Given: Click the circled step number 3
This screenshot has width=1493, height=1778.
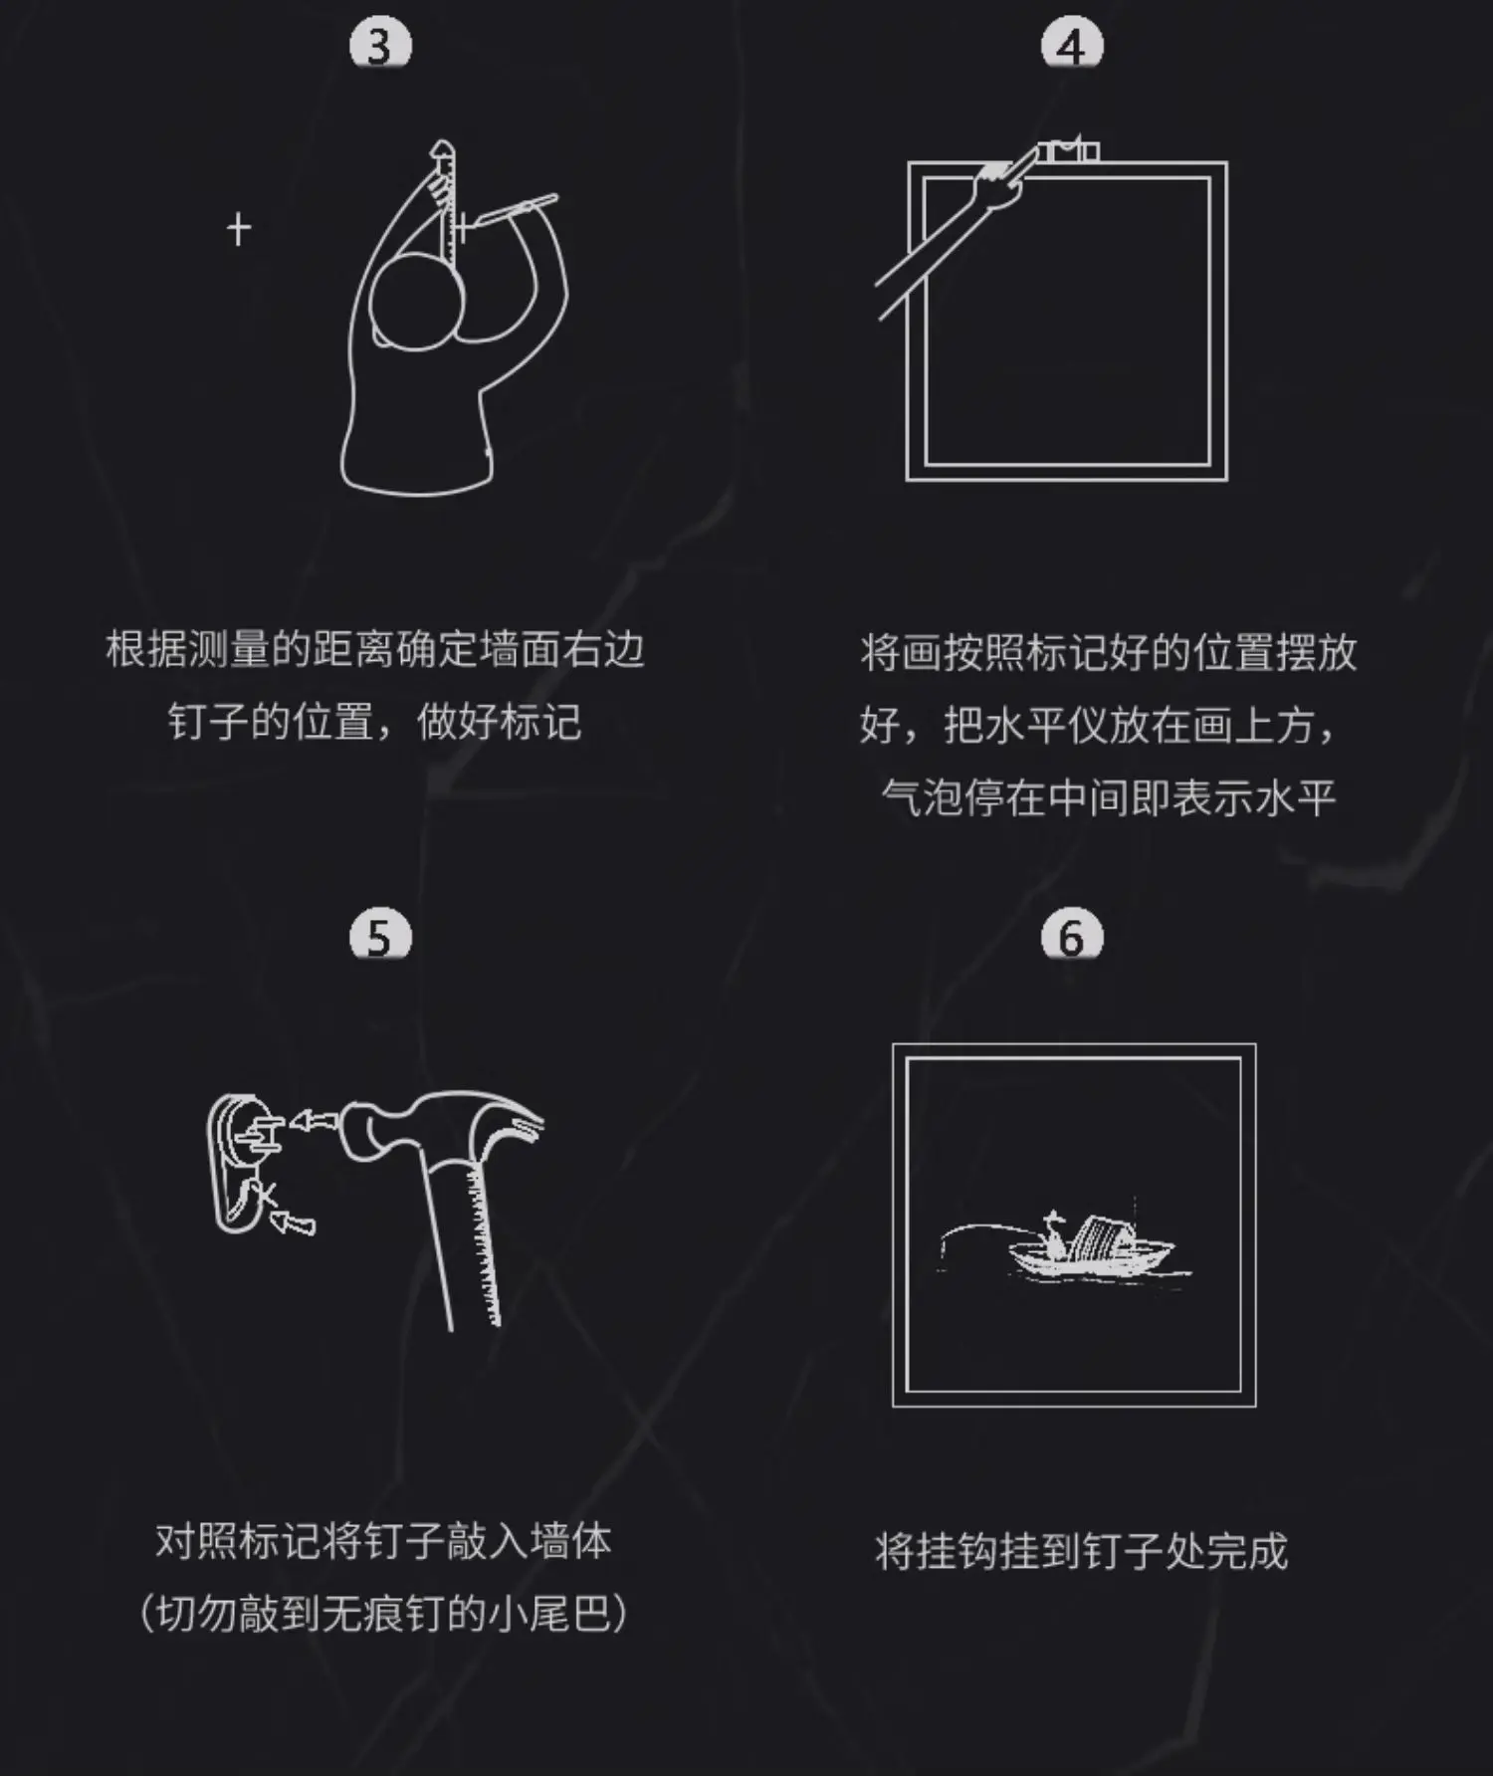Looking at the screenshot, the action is (380, 46).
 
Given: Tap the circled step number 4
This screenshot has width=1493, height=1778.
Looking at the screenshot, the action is (1071, 46).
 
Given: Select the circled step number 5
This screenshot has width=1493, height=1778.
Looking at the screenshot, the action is (380, 936).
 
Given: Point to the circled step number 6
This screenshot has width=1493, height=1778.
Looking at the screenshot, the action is (1071, 936).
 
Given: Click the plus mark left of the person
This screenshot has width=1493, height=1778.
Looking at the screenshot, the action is (239, 229).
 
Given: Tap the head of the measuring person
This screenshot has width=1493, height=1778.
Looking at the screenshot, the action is (416, 300).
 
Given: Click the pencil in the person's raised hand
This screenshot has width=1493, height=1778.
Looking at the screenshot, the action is (513, 210).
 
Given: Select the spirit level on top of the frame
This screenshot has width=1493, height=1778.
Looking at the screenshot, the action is (1068, 150).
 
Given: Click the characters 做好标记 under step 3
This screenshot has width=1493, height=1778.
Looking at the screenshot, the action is (499, 721).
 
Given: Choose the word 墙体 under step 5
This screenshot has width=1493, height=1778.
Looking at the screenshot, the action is (570, 1541).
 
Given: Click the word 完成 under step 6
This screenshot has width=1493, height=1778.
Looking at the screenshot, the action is (1247, 1551).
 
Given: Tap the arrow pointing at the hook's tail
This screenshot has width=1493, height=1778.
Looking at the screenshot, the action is (292, 1221).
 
